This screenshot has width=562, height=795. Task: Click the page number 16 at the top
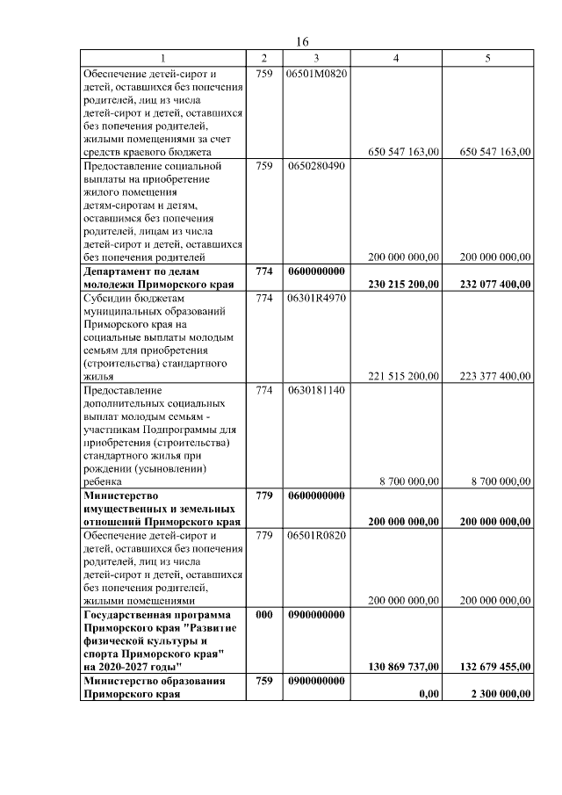click(x=301, y=42)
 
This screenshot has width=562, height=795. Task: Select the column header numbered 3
click(x=315, y=58)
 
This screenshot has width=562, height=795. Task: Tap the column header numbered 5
click(x=487, y=58)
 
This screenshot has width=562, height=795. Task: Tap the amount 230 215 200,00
click(x=403, y=285)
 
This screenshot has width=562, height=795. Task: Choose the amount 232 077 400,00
click(x=495, y=285)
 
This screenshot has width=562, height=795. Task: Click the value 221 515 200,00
click(x=403, y=377)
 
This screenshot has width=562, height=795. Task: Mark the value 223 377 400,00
click(x=495, y=377)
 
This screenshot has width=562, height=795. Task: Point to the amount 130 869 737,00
click(x=403, y=667)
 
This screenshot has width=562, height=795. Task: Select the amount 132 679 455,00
click(x=495, y=667)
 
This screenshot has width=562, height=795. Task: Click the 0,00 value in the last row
click(x=428, y=693)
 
